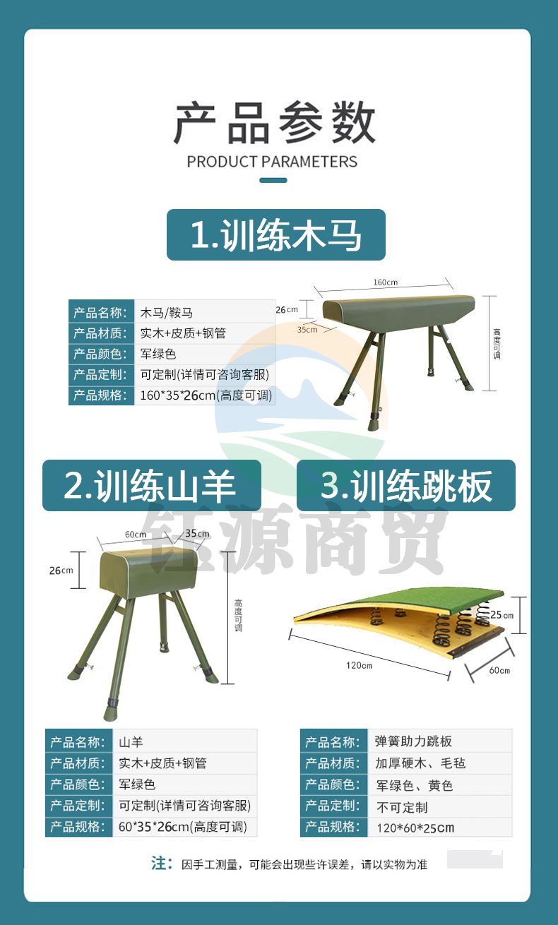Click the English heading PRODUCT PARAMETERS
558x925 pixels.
[272, 162]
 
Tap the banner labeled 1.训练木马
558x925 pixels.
[276, 234]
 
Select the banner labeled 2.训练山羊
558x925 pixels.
[152, 485]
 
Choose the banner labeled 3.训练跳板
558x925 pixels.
[406, 485]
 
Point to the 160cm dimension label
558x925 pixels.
[386, 282]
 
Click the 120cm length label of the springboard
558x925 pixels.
[359, 665]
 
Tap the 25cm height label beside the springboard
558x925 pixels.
[501, 615]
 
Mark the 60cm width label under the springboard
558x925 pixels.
[499, 670]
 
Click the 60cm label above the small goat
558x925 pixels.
[136, 535]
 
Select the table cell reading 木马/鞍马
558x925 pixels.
[205, 313]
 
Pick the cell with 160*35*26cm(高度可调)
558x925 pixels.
[205, 395]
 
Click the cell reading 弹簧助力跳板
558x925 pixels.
[440, 741]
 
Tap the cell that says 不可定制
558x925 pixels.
[440, 807]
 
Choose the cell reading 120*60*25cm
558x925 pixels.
[440, 828]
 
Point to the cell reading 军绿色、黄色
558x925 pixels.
[440, 785]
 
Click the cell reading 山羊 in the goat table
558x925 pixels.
[185, 741]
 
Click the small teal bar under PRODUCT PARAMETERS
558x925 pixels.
[273, 180]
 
